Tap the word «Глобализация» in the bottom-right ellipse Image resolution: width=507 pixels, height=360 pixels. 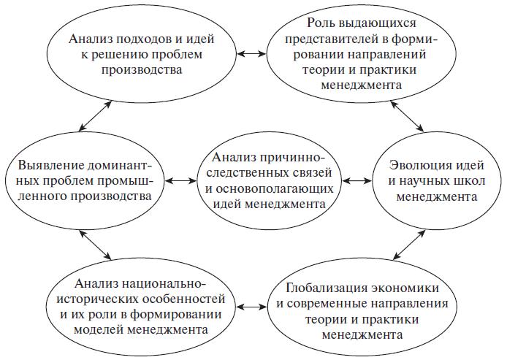tap(326, 288)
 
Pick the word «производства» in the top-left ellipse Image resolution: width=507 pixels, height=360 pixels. tap(142, 70)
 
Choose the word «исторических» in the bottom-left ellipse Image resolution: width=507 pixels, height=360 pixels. tap(96, 299)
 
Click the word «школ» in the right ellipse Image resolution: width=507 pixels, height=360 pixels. tap(470, 181)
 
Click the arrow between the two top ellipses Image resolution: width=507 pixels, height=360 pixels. tap(251, 54)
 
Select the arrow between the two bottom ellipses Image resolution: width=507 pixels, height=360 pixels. tap(251, 307)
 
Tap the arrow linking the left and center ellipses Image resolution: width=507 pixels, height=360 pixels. tap(180, 181)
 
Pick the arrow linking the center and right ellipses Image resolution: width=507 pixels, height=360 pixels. tap(357, 181)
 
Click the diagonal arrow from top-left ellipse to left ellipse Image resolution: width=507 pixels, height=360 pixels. tap(96, 116)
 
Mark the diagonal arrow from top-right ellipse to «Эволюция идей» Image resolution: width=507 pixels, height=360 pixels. tap(407, 116)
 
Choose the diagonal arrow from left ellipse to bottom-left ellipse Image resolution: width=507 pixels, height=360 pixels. tap(96, 245)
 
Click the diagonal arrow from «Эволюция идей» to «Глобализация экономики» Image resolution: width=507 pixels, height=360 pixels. tap(408, 245)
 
